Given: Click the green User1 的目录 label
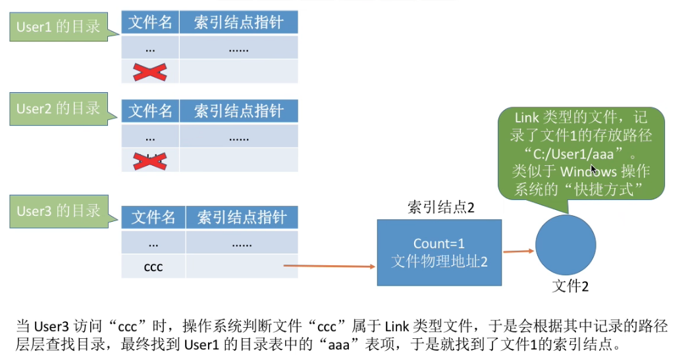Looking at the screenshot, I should coord(58,27).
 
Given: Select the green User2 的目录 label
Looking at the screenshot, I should coord(58,109).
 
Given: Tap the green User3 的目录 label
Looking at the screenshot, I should coord(58,211).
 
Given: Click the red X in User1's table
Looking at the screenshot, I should coord(150,72).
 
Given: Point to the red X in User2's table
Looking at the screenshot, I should coord(150,160).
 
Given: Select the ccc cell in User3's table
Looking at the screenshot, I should coord(153,267).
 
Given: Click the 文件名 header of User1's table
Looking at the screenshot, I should coord(150,23).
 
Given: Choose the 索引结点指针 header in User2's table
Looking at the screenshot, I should coord(238,111).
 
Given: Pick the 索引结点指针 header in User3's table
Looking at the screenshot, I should coord(242,217).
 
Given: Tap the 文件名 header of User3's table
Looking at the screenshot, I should coord(153,217).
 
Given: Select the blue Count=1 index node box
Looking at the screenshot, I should coord(439,252).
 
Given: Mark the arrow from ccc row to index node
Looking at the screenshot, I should coord(329,266).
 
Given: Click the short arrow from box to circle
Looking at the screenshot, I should coord(518,251).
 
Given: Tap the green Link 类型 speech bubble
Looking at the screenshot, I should coord(580,153).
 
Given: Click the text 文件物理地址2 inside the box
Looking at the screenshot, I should coord(439,261).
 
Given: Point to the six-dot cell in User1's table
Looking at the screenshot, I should coord(238,48).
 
